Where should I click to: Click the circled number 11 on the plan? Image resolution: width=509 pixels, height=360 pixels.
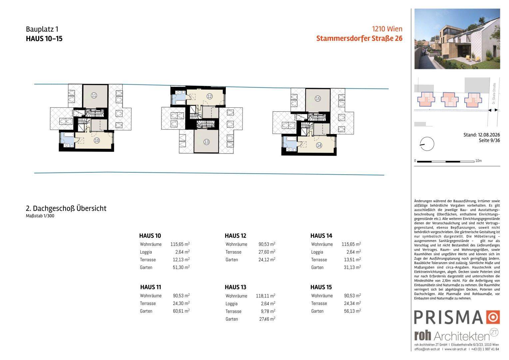tap(94, 96)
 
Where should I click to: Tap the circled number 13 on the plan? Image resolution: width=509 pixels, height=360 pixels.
tap(206, 142)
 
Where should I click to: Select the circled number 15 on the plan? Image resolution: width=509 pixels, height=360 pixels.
tap(318, 98)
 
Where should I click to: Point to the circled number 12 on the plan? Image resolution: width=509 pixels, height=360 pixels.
tap(210, 96)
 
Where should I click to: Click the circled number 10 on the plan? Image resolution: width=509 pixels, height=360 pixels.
tap(97, 141)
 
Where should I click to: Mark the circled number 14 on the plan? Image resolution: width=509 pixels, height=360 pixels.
tap(319, 145)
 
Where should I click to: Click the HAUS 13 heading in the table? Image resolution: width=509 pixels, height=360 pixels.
tap(236, 287)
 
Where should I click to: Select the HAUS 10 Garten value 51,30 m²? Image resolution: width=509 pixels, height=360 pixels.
tap(181, 267)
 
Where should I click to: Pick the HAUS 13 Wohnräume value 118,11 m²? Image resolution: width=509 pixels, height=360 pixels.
tap(265, 296)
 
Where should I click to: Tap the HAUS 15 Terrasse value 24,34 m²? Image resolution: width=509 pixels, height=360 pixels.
tap(352, 303)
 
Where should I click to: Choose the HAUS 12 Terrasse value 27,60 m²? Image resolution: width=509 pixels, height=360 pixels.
tap(267, 252)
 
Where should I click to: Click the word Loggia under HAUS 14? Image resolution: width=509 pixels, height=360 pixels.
tap(317, 252)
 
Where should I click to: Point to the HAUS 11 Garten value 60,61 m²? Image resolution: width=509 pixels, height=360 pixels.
tap(181, 311)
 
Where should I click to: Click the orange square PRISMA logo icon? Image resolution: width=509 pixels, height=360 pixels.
tap(493, 317)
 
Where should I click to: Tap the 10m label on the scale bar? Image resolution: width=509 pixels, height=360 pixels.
tap(478, 161)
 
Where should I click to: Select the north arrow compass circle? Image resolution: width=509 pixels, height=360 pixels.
tap(427, 144)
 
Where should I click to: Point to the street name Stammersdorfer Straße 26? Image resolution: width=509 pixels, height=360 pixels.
tap(359, 38)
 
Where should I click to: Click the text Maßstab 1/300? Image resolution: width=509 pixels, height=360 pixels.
tap(40, 216)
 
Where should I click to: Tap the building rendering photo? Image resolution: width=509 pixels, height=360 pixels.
tap(457, 39)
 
